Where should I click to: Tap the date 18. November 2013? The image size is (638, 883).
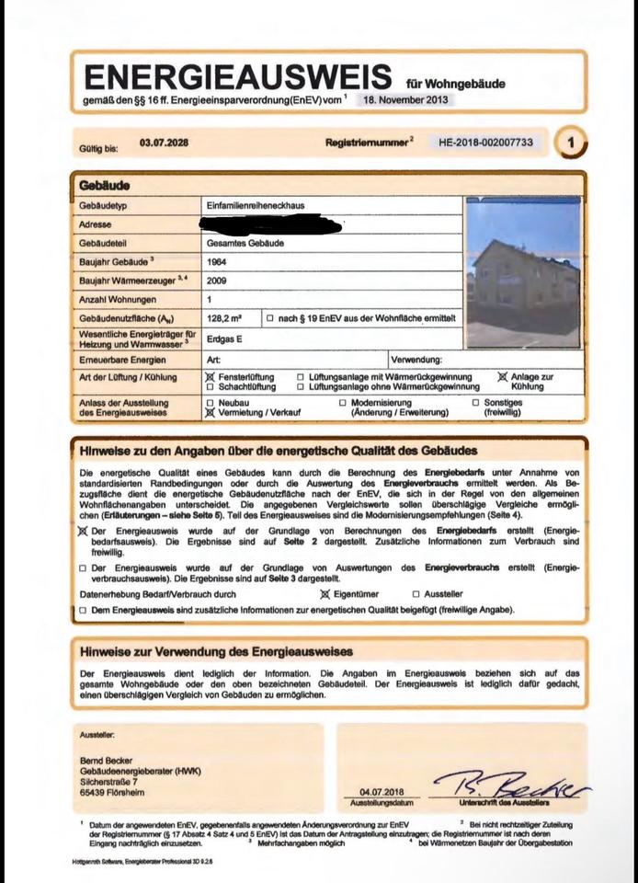pos(404,99)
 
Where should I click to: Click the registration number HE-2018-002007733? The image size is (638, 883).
pos(486,143)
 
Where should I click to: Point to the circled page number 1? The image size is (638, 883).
pos(573,143)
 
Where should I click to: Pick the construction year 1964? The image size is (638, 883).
pos(218,262)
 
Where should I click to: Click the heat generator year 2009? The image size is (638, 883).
pos(218,281)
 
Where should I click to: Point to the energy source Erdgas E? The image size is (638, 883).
pos(226,338)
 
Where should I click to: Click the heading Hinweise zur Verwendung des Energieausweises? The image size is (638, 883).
pos(216,652)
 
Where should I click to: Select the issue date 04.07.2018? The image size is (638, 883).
pos(382,792)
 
